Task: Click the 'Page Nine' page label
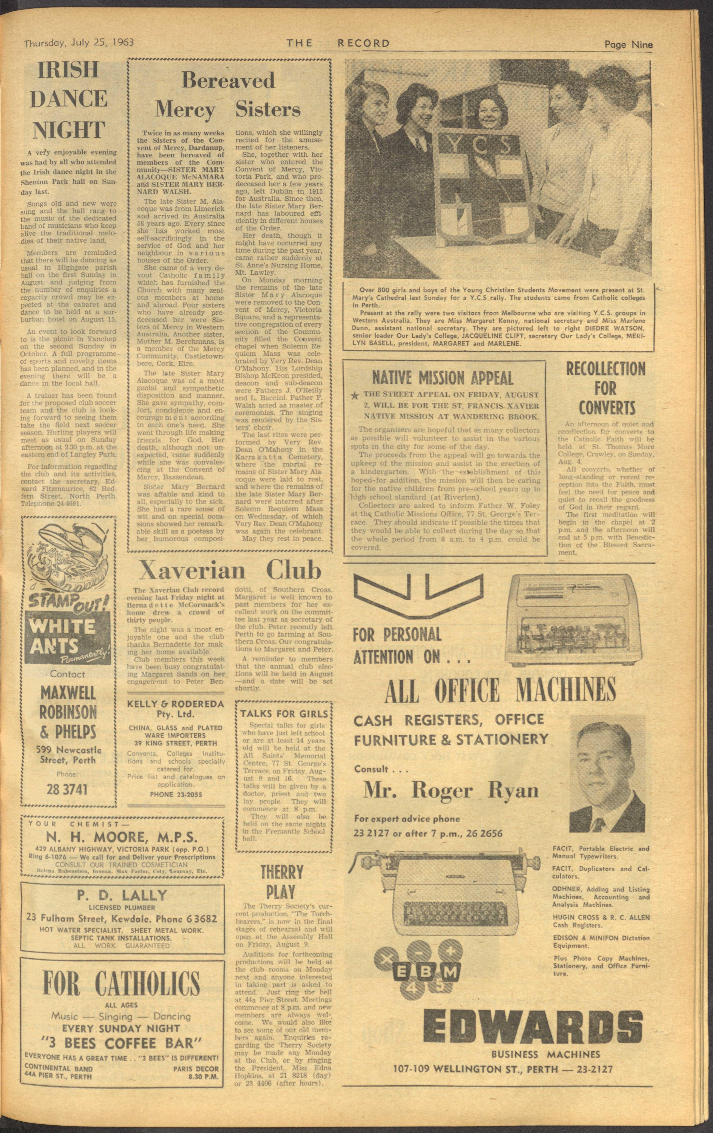point(628,45)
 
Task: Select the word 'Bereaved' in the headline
point(228,80)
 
